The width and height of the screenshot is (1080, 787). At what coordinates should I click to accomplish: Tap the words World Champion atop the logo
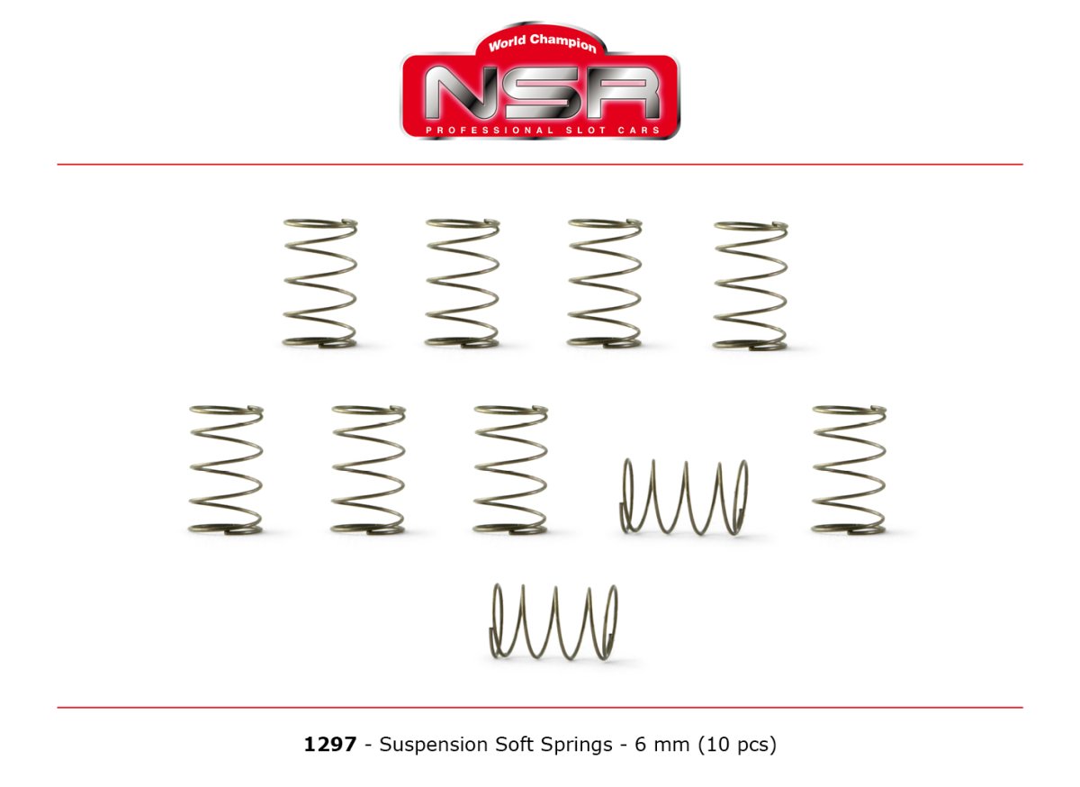[542, 42]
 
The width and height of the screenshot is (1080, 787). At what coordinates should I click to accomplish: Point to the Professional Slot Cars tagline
[540, 131]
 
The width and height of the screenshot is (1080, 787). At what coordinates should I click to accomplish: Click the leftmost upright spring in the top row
[319, 283]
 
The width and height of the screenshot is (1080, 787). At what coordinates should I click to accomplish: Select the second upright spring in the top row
[462, 283]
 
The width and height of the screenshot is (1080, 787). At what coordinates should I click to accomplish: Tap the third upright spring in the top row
[604, 283]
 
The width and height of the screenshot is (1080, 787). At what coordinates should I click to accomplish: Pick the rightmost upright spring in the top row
[750, 285]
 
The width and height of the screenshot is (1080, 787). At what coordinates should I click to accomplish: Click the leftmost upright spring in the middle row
[226, 469]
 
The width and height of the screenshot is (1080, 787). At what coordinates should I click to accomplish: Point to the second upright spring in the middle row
[367, 469]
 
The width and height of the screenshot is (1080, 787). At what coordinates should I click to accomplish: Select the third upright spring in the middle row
[509, 469]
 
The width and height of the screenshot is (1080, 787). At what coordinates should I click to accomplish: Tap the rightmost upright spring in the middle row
[848, 469]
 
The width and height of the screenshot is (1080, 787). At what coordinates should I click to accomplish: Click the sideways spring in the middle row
[684, 496]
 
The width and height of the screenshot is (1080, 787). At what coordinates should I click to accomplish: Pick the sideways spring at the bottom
[554, 621]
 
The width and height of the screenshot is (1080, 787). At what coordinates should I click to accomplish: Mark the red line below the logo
[540, 165]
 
